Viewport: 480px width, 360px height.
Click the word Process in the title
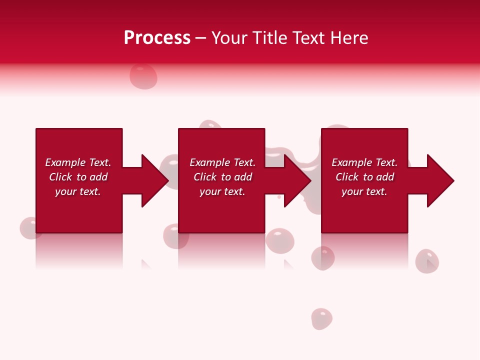coord(157,38)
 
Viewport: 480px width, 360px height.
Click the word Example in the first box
coord(65,162)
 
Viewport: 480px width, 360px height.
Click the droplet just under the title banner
coord(143,76)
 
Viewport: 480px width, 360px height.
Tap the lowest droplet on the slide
coord(321,319)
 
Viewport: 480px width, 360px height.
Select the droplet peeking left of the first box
coord(27,228)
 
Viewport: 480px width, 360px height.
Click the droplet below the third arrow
coord(427,261)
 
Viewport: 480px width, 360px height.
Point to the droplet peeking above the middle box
coord(210,124)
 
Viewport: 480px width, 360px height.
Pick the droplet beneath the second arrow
coord(279,240)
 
